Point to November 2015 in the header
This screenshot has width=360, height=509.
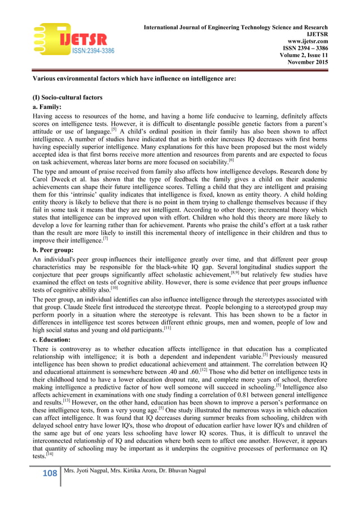(x=308, y=63)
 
